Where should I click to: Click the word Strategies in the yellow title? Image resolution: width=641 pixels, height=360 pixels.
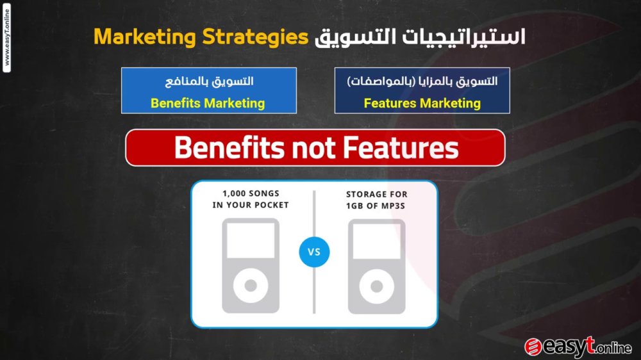coord(255,37)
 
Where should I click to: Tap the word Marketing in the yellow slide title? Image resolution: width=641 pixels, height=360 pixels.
coord(145,37)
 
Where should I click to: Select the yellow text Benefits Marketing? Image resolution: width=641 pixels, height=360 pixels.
coord(208,103)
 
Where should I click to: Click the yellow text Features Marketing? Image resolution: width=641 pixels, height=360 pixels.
coord(422,103)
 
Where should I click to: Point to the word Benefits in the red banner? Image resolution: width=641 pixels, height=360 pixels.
coord(229,147)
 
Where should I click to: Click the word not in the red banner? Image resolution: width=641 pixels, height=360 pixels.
coord(313,149)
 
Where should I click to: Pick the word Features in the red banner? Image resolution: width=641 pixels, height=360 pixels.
coord(401,147)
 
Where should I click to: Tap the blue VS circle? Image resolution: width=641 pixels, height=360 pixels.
coord(314,252)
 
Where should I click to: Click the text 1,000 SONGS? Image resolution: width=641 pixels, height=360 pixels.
coord(251,193)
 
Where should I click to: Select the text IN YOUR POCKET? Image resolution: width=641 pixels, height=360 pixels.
coord(251,205)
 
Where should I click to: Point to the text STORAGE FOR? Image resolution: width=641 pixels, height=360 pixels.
coord(376,195)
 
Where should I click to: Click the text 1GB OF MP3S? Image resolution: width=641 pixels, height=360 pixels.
coord(375,206)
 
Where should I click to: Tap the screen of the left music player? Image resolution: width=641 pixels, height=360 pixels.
coord(251,240)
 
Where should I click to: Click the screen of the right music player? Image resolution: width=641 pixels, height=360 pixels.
coord(376,241)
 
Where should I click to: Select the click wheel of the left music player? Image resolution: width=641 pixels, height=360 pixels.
coord(251,286)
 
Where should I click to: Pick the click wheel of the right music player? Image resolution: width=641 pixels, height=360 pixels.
coord(376,286)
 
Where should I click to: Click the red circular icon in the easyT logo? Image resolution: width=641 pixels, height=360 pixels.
coord(533,347)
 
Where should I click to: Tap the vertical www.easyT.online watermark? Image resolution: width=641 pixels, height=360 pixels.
coord(6,38)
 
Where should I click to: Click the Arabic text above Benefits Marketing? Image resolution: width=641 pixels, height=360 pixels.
coord(209,81)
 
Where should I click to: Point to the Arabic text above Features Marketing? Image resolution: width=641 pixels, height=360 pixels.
coord(422,81)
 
